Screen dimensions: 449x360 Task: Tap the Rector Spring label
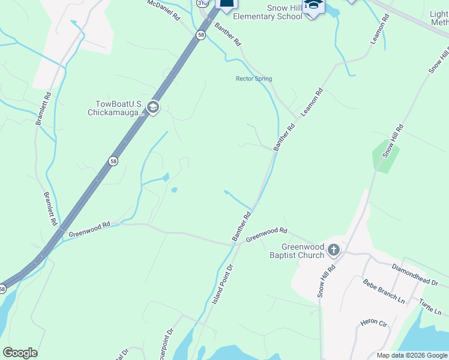[x=253, y=79]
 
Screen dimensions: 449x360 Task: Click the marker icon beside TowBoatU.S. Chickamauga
[x=152, y=107]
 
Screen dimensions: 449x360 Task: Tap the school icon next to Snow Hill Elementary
[x=313, y=6]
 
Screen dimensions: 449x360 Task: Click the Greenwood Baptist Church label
[x=303, y=251]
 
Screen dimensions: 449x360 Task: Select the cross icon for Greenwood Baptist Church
[x=333, y=250]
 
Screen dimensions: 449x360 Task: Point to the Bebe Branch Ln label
[x=384, y=290]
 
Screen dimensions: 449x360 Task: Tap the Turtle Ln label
[x=430, y=307]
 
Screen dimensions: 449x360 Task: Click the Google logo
[x=20, y=353]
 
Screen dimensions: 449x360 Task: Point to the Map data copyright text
[x=412, y=355]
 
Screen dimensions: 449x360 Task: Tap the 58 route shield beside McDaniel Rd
[x=200, y=35]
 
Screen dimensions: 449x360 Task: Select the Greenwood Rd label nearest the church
[x=268, y=232]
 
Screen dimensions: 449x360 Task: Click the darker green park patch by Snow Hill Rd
[x=385, y=155]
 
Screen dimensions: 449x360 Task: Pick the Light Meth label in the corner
[x=439, y=18]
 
